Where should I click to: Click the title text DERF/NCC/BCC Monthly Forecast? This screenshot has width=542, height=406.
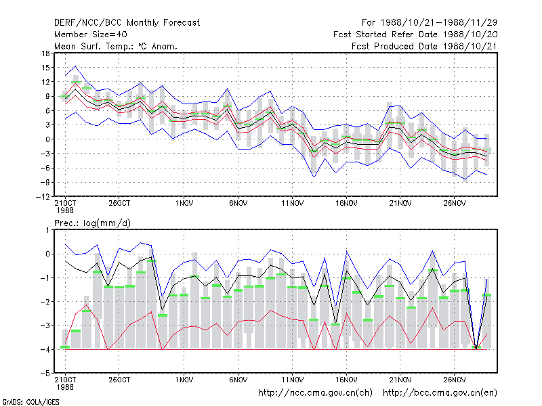point(127,23)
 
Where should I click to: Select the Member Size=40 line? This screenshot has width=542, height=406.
point(91,35)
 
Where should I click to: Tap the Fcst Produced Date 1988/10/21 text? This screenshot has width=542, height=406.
point(424,46)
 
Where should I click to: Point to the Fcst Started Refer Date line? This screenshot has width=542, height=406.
point(415,35)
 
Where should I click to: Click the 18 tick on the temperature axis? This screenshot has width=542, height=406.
point(45,53)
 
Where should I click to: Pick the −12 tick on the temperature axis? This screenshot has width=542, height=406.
point(43,197)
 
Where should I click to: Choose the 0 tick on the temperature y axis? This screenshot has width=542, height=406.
point(47,139)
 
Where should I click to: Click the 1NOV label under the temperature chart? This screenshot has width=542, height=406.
point(184,204)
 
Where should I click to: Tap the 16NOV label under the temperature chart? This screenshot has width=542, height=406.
point(346,204)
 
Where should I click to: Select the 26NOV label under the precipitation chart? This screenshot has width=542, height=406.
point(454,380)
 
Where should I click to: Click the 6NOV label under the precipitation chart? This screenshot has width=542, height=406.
point(238,380)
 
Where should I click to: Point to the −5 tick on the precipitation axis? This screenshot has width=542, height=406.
point(45,374)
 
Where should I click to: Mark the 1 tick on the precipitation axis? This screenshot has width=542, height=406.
point(47,230)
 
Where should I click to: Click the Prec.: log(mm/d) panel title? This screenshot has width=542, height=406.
point(92,223)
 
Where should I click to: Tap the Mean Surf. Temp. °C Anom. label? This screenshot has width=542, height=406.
point(115,46)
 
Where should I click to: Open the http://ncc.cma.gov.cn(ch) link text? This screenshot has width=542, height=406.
point(315,393)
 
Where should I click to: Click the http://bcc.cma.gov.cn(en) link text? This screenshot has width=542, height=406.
point(440,393)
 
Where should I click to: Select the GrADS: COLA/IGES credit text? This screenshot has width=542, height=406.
point(30,402)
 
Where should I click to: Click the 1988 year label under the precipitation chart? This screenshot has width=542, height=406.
point(65,387)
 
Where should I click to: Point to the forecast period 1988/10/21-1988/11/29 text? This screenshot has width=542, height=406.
point(438,23)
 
